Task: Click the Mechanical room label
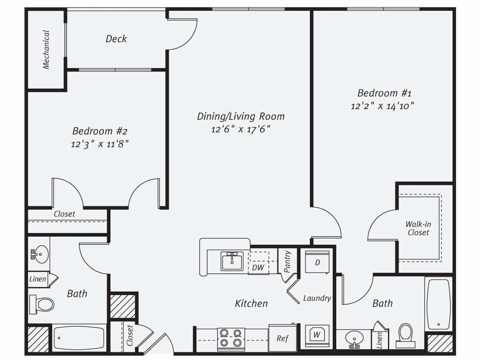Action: pyautogui.click(x=47, y=49)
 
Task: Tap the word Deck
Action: pyautogui.click(x=116, y=39)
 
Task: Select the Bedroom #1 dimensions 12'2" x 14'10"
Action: pyautogui.click(x=383, y=106)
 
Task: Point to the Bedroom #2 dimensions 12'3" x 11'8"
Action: pyautogui.click(x=100, y=144)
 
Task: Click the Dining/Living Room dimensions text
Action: pyautogui.click(x=241, y=129)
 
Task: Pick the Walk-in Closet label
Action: pyautogui.click(x=418, y=228)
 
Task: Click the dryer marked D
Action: pyautogui.click(x=317, y=262)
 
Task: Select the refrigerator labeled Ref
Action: pyautogui.click(x=282, y=338)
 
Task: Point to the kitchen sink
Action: pyautogui.click(x=232, y=261)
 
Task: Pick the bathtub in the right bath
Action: pyautogui.click(x=439, y=304)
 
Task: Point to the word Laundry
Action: pyautogui.click(x=317, y=298)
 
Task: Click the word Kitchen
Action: pyautogui.click(x=251, y=303)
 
